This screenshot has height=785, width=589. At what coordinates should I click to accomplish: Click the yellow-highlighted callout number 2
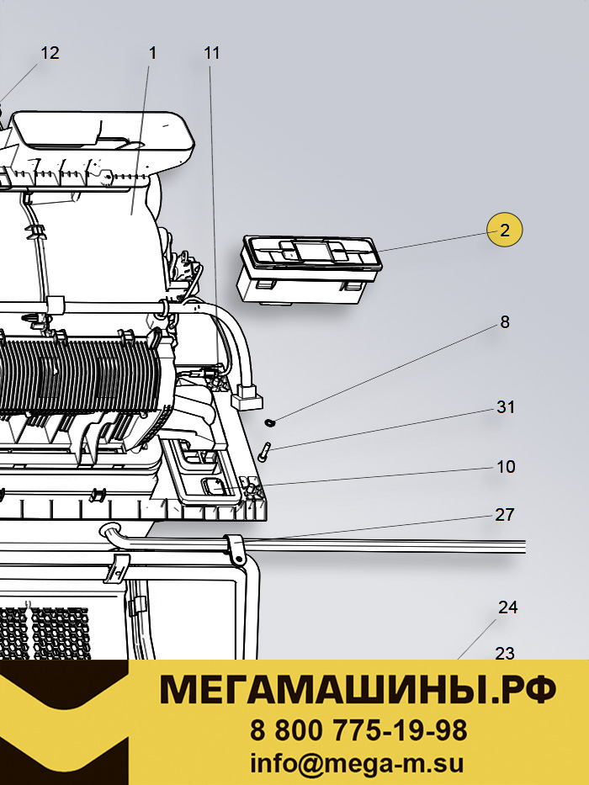pyautogui.click(x=505, y=230)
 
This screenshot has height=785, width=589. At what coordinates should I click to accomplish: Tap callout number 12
pyautogui.click(x=50, y=52)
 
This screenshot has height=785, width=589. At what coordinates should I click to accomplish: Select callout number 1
pyautogui.click(x=153, y=52)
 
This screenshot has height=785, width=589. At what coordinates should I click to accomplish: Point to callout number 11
pyautogui.click(x=212, y=52)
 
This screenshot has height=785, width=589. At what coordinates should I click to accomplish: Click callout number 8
pyautogui.click(x=505, y=322)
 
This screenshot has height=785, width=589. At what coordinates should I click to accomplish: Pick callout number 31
pyautogui.click(x=506, y=407)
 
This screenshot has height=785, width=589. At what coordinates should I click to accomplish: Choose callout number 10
pyautogui.click(x=506, y=467)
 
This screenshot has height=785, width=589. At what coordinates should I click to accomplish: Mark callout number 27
pyautogui.click(x=505, y=515)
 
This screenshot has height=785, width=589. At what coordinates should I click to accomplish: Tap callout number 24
pyautogui.click(x=507, y=607)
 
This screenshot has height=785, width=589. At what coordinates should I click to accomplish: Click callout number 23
pyautogui.click(x=505, y=653)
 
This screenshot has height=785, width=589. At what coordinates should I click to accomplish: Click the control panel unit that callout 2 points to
pyautogui.click(x=310, y=269)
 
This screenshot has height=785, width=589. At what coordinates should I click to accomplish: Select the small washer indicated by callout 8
pyautogui.click(x=270, y=423)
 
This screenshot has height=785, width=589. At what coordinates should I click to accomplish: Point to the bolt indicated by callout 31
pyautogui.click(x=263, y=452)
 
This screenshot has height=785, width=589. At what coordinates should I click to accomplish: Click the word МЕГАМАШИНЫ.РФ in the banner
pyautogui.click(x=358, y=689)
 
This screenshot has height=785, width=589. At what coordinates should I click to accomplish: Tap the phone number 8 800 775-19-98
pyautogui.click(x=358, y=730)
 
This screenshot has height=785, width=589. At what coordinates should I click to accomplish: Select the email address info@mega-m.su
pyautogui.click(x=357, y=764)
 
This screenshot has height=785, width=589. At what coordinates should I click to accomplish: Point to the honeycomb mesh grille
pyautogui.click(x=45, y=634)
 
